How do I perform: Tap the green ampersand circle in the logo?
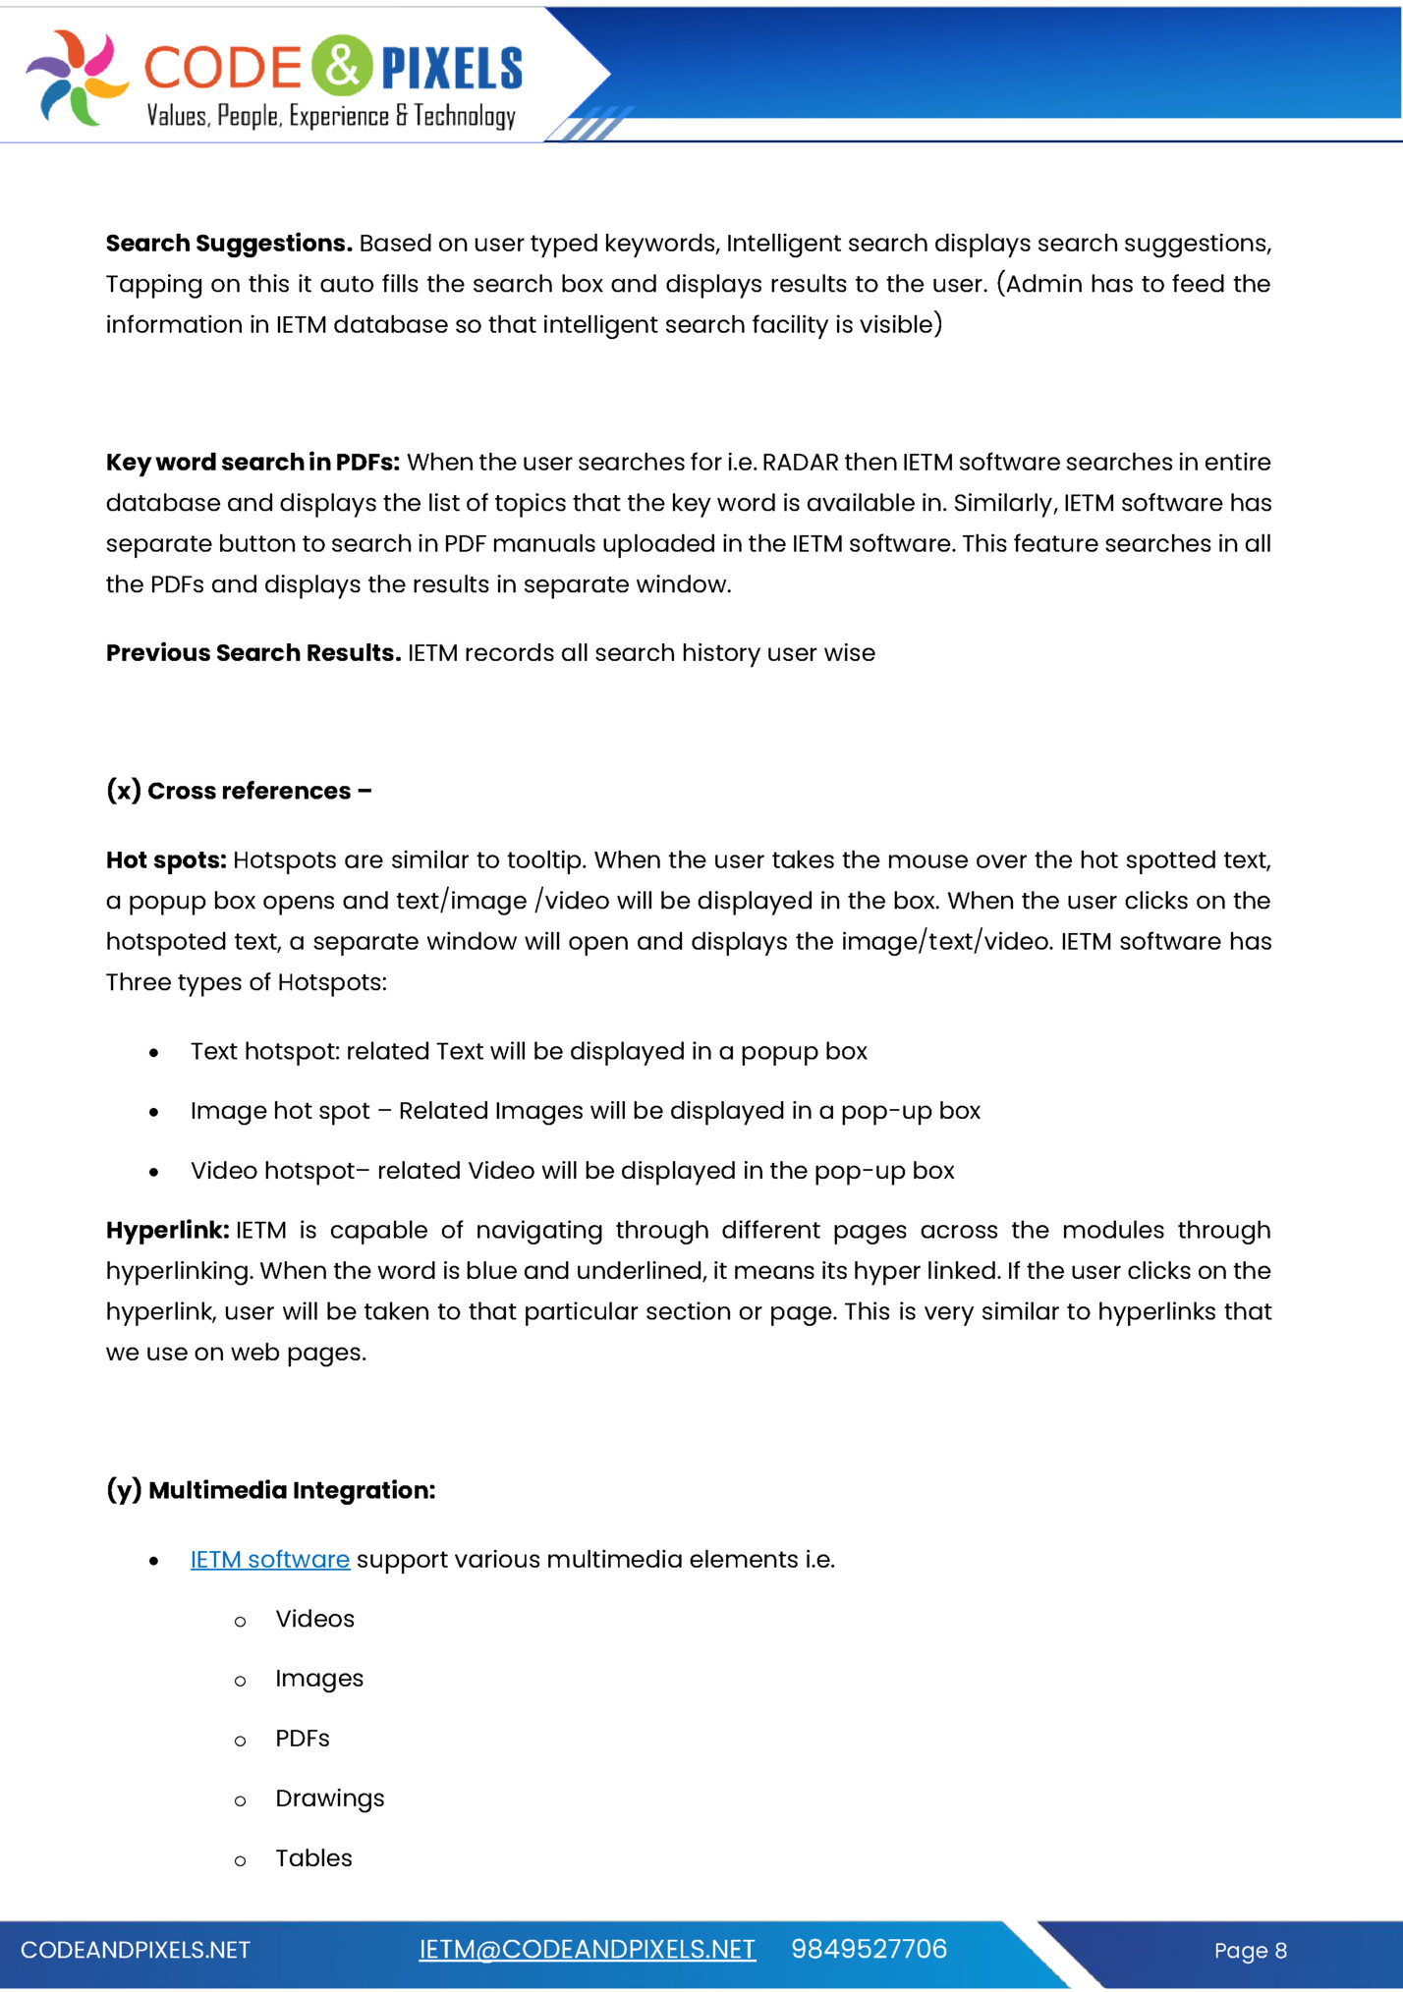(342, 65)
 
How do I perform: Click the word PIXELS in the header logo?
(451, 69)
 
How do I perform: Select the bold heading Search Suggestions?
(229, 244)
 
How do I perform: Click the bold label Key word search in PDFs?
(253, 463)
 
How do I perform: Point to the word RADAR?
(800, 463)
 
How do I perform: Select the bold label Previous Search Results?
(253, 653)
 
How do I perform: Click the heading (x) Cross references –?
(239, 791)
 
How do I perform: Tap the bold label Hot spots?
(166, 860)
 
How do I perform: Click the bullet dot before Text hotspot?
(154, 1053)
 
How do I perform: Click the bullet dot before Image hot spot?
(154, 1113)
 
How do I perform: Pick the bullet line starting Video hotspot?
(572, 1171)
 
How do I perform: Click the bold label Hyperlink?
(168, 1231)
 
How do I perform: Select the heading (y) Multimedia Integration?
(270, 1490)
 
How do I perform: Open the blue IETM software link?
(270, 1560)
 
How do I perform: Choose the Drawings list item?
(329, 1798)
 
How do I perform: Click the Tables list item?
(313, 1858)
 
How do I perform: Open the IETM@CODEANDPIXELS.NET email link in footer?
(587, 1950)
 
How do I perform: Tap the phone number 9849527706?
(869, 1950)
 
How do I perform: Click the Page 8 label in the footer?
(1250, 1951)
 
